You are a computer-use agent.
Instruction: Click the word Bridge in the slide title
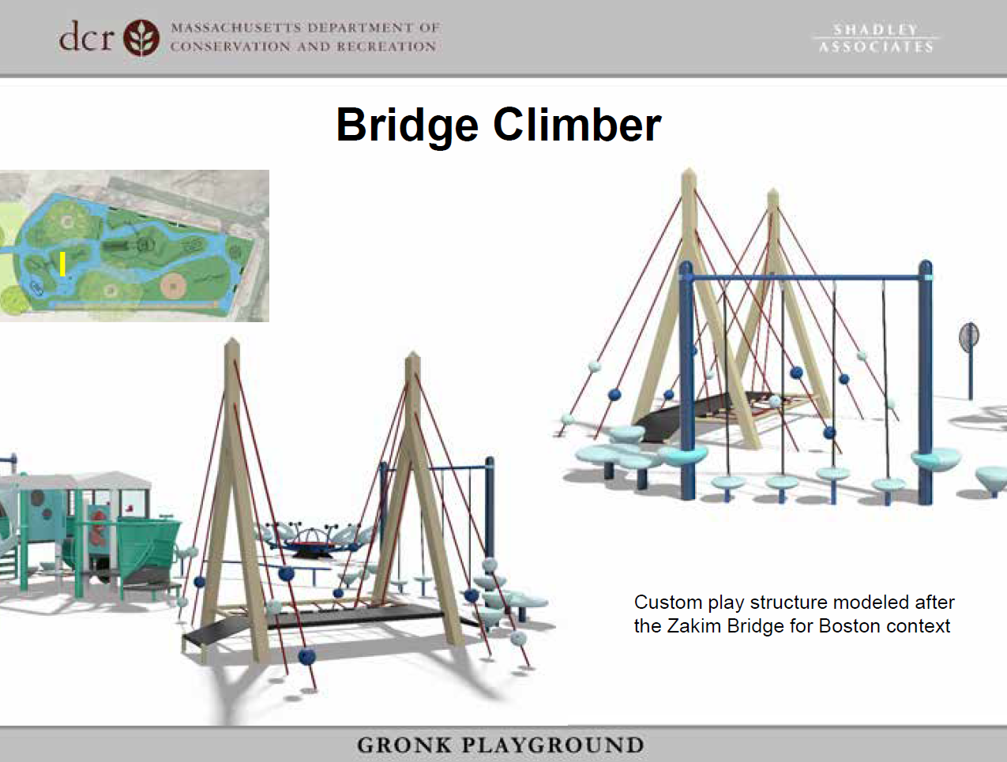408,126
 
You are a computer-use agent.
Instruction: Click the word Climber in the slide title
577,126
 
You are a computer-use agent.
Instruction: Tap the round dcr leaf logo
141,37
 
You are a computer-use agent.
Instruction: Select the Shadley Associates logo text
876,38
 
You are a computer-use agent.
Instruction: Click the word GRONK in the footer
404,745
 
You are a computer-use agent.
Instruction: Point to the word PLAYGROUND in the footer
553,745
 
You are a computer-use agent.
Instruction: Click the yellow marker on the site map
62,264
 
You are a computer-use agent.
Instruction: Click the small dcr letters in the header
86,37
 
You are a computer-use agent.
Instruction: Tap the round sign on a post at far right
969,336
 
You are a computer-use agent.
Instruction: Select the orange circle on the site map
174,285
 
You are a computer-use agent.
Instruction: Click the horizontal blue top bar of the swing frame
806,278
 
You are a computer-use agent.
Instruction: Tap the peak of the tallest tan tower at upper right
689,172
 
